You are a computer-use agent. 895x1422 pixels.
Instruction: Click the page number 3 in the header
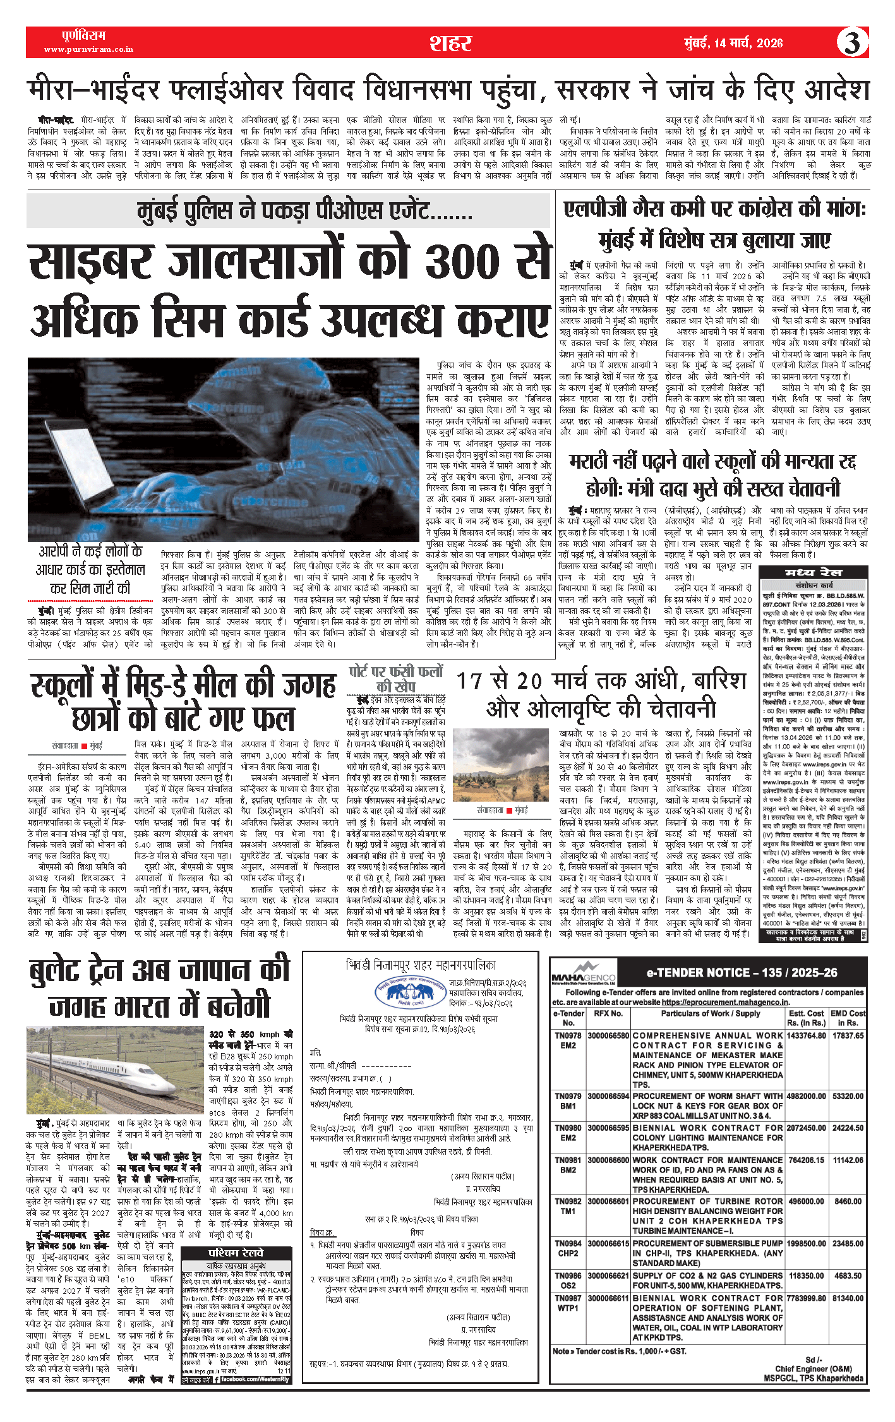point(852,43)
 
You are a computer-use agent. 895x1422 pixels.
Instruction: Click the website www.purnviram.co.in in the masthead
point(88,49)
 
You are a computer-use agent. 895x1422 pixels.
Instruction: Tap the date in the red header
point(733,43)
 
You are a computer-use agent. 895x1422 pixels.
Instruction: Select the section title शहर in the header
point(450,43)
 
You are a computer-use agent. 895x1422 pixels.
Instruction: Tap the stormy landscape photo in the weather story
point(501,765)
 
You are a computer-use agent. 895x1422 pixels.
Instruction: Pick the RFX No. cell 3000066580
point(608,1036)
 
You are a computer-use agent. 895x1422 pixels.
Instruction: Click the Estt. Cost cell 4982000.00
point(806,1096)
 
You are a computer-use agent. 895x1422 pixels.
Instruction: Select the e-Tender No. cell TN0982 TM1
point(568,1206)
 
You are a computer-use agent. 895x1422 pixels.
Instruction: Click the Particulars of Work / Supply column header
point(707,1014)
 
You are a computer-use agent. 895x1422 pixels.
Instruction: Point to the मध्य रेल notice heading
point(813,572)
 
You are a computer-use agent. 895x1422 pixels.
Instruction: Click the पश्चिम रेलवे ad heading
point(236,1253)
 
